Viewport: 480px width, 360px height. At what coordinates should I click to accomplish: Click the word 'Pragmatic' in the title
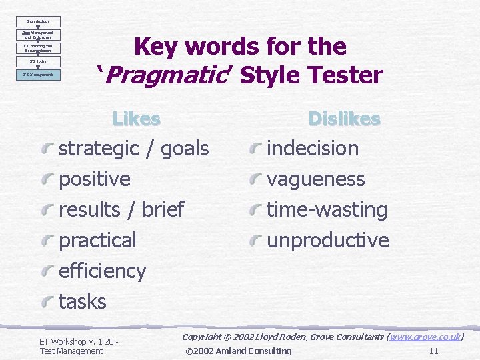pyautogui.click(x=168, y=75)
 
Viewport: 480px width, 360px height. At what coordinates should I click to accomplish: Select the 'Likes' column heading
pyautogui.click(x=136, y=119)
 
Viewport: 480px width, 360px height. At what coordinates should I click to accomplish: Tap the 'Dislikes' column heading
pyautogui.click(x=344, y=119)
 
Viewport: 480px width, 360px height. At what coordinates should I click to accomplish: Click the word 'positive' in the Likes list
pyautogui.click(x=95, y=179)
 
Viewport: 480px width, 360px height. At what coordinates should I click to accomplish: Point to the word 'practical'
pyautogui.click(x=97, y=240)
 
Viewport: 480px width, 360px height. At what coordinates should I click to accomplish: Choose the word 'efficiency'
pyautogui.click(x=102, y=271)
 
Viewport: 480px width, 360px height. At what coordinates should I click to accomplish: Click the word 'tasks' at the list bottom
pyautogui.click(x=83, y=301)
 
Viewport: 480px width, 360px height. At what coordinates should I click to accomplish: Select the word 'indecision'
pyautogui.click(x=313, y=148)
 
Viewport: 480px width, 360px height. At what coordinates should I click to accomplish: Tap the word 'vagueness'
pyautogui.click(x=315, y=179)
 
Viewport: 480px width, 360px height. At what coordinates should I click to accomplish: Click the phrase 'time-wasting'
pyautogui.click(x=327, y=209)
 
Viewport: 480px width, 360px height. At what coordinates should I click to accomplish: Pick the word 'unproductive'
pyautogui.click(x=327, y=240)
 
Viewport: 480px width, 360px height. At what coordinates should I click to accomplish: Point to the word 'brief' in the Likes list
pyautogui.click(x=163, y=209)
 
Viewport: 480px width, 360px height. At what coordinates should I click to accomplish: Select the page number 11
pyautogui.click(x=433, y=351)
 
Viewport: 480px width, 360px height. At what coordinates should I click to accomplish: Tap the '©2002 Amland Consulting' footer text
pyautogui.click(x=238, y=351)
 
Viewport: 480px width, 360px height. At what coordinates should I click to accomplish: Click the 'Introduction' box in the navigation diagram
pyautogui.click(x=38, y=21)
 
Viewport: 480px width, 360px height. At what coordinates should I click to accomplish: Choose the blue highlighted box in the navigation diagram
pyautogui.click(x=38, y=75)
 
